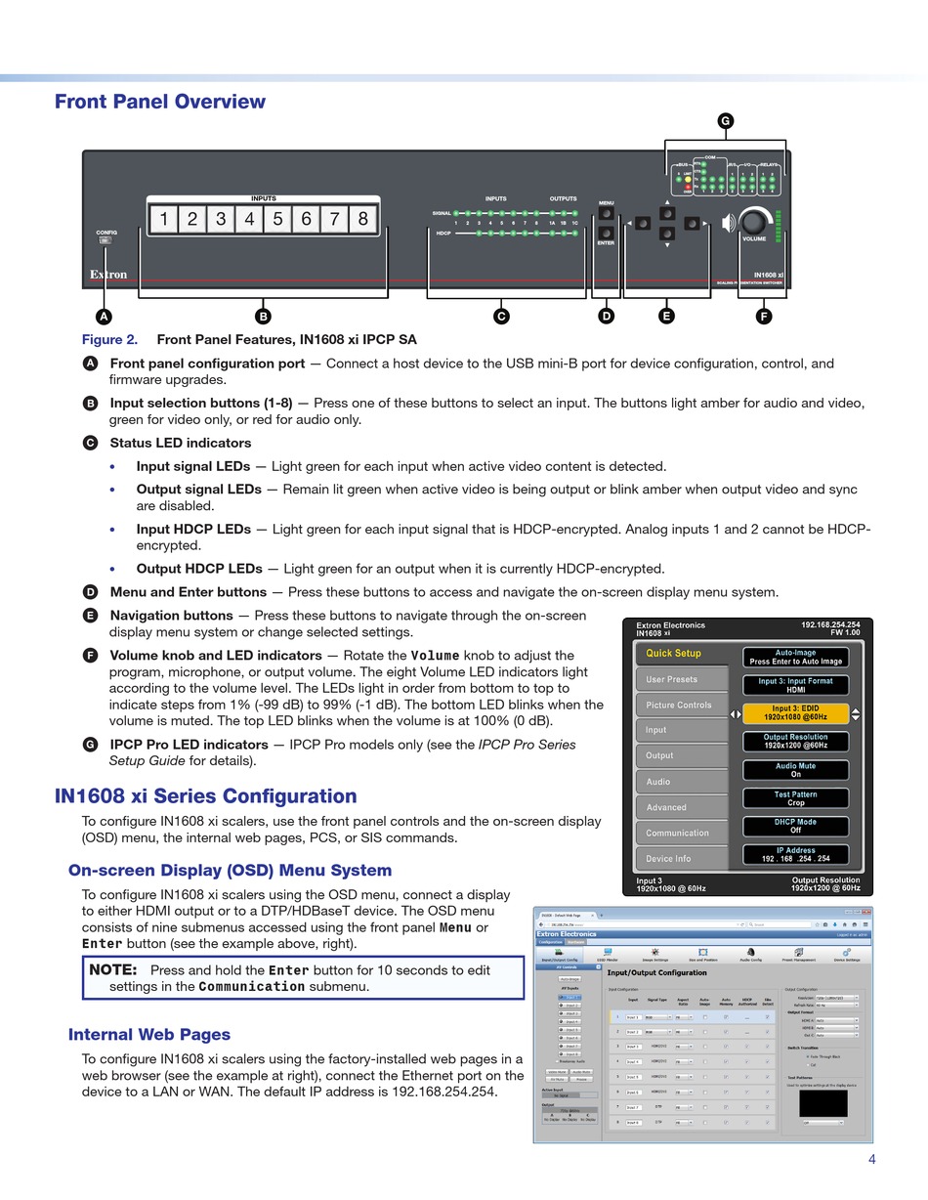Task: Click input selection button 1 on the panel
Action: click(164, 219)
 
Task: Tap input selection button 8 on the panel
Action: click(362, 219)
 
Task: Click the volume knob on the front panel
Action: click(753, 222)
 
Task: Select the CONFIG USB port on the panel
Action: click(105, 240)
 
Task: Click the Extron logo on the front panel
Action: click(108, 275)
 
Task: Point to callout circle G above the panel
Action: click(725, 121)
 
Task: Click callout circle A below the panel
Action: click(104, 316)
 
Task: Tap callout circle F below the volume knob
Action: click(763, 316)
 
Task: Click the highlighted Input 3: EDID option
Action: click(794, 713)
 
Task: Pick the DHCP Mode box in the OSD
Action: click(794, 826)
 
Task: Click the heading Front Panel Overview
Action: click(160, 102)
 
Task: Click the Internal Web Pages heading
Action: click(149, 1035)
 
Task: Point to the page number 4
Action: click(871, 1160)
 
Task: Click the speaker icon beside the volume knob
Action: click(728, 224)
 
